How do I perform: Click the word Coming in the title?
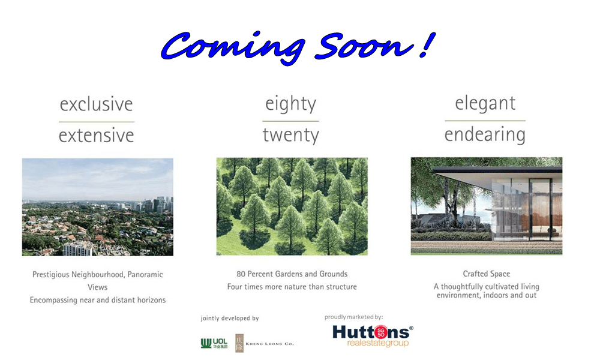(233, 47)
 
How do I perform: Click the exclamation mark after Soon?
(427, 45)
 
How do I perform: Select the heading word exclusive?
(97, 104)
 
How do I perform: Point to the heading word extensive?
(97, 136)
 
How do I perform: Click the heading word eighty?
(291, 104)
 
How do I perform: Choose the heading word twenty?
(291, 136)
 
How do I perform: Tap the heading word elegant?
(485, 104)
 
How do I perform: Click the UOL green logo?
(214, 343)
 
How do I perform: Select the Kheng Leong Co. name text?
(270, 344)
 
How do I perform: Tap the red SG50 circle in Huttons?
(380, 332)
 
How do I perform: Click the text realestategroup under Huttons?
(377, 343)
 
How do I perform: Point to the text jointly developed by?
(230, 318)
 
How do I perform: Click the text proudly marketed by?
(353, 317)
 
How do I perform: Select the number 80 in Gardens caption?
(241, 274)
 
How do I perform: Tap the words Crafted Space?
(487, 274)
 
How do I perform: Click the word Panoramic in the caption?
(145, 275)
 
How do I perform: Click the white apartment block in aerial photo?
(77, 248)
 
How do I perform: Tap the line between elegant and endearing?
(485, 121)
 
